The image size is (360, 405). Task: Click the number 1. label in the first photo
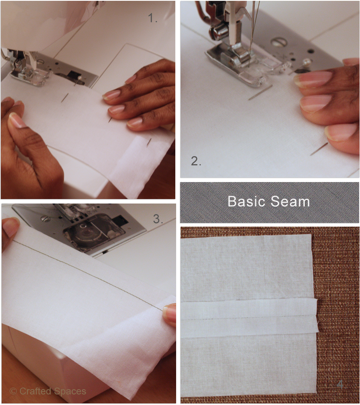(x=153, y=18)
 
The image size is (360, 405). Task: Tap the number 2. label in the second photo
(x=196, y=161)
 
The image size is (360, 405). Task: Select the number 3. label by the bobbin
(x=158, y=219)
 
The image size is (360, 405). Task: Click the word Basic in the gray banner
(x=246, y=201)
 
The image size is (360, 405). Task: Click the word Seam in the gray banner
(x=290, y=201)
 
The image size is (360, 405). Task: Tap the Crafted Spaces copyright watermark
(x=48, y=391)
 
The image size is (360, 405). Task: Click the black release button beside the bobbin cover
(x=120, y=221)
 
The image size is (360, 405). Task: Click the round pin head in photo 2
(x=308, y=62)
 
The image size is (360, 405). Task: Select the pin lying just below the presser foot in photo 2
(x=260, y=92)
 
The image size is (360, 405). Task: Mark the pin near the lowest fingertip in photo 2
(x=319, y=149)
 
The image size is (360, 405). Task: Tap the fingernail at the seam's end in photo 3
(x=169, y=312)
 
